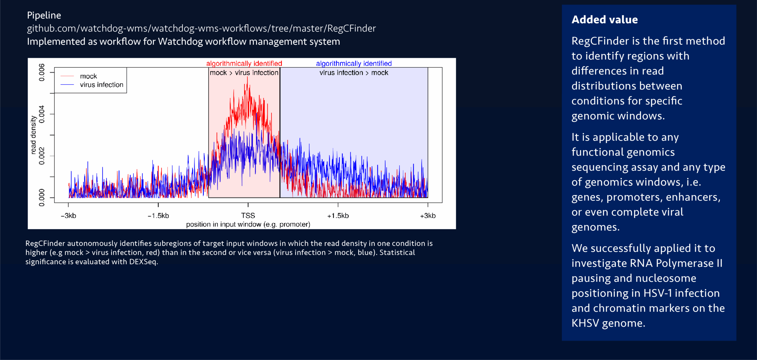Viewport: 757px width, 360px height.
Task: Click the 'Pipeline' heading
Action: [x=44, y=15]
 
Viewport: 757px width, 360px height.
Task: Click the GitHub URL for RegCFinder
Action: [x=201, y=28]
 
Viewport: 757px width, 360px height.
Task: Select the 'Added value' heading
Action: [x=604, y=20]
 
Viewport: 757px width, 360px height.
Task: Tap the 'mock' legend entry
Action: [x=88, y=76]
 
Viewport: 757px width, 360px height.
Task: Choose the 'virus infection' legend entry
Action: [x=101, y=85]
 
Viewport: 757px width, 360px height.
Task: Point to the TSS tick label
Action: [x=248, y=215]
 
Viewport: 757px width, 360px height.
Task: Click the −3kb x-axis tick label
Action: [x=68, y=216]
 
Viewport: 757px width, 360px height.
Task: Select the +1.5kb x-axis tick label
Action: [x=338, y=216]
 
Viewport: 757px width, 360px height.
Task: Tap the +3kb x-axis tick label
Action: [x=428, y=216]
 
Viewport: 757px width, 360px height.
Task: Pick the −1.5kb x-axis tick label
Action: [x=158, y=216]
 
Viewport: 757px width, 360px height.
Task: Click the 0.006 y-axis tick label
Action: [x=42, y=72]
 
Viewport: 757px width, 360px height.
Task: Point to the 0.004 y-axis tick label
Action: [x=42, y=114]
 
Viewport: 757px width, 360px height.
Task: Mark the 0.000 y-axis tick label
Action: [x=42, y=197]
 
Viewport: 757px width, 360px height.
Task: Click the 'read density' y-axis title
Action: [x=33, y=135]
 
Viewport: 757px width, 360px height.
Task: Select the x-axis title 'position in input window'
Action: [x=248, y=224]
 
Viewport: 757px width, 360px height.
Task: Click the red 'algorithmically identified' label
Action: [x=244, y=64]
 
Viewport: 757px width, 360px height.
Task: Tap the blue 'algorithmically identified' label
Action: [x=354, y=64]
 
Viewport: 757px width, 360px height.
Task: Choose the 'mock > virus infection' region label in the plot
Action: [x=244, y=73]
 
